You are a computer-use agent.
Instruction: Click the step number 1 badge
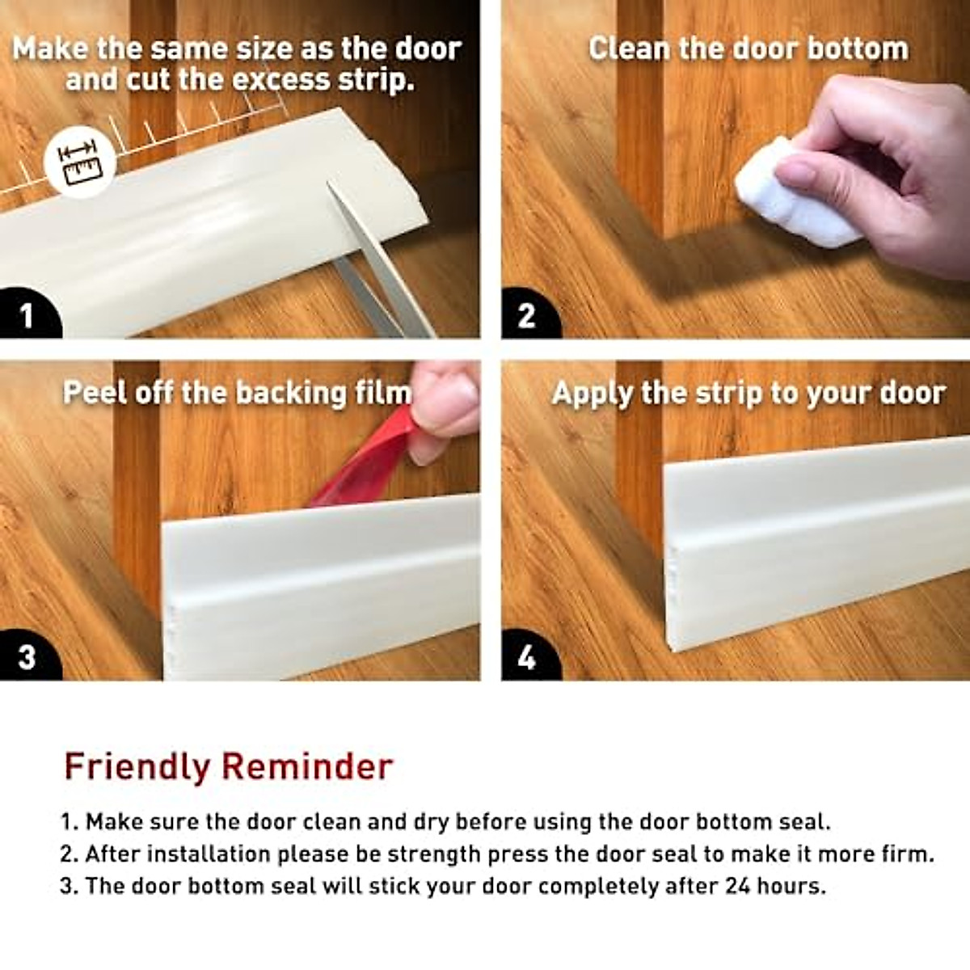click(27, 315)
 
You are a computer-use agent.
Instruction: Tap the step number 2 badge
click(526, 315)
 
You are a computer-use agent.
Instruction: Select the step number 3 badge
click(27, 656)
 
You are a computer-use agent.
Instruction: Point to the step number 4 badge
click(526, 657)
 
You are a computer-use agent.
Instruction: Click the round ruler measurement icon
click(80, 161)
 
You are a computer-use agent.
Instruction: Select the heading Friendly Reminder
click(229, 766)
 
